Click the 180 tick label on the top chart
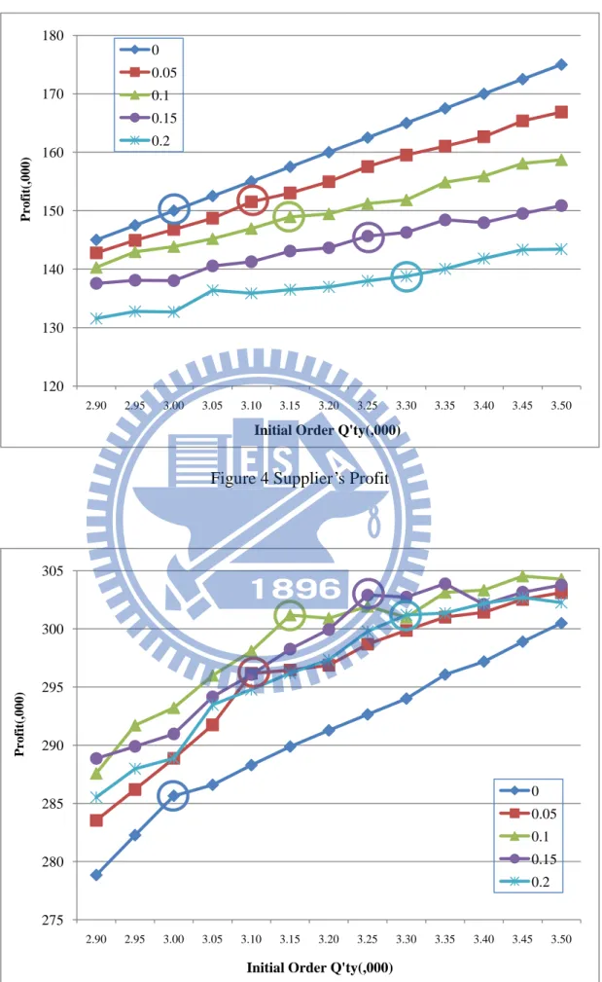click(x=53, y=36)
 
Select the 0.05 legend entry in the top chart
click(x=149, y=73)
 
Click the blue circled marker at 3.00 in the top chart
click(x=174, y=210)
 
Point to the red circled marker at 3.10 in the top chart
click(x=252, y=201)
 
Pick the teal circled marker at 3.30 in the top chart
click(x=407, y=276)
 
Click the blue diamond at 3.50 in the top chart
click(x=561, y=64)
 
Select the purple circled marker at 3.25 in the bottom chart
click(x=368, y=595)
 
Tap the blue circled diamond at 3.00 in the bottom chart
click(x=174, y=796)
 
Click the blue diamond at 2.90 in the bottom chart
click(x=96, y=874)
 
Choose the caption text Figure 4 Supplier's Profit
click(x=300, y=479)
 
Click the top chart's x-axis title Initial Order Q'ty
click(x=328, y=430)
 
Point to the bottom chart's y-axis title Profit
click(x=19, y=725)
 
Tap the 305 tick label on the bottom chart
click(x=53, y=571)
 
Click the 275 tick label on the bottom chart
click(x=53, y=920)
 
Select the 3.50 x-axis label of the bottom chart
click(x=561, y=939)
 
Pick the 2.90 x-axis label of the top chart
click(x=96, y=405)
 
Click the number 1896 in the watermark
click(x=296, y=589)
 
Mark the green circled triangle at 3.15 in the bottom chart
click(x=291, y=616)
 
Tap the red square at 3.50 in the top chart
click(x=561, y=112)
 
